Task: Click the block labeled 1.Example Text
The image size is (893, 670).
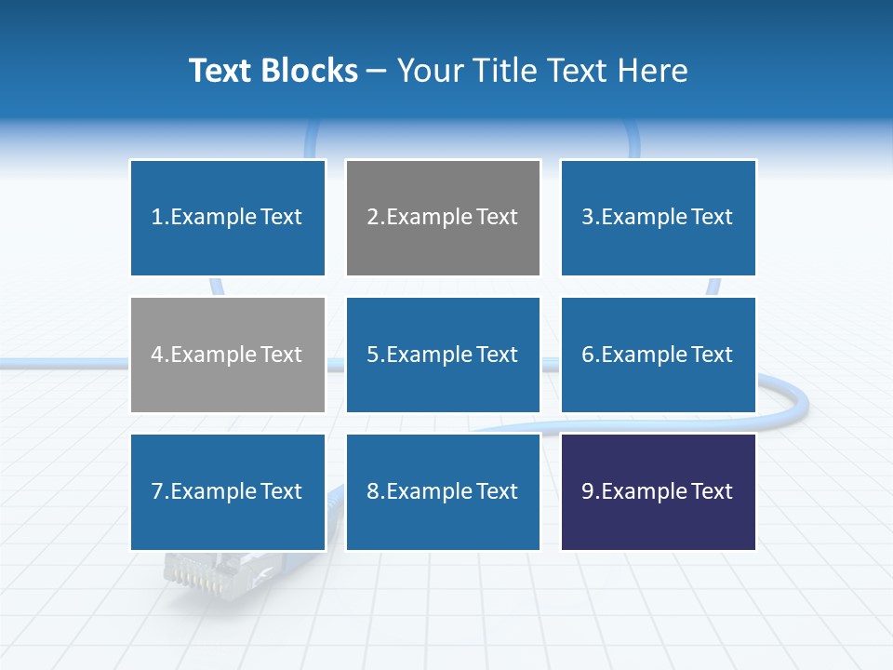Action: click(x=227, y=218)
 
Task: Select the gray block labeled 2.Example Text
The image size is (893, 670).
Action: click(x=443, y=218)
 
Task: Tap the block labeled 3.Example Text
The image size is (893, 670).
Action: click(x=658, y=218)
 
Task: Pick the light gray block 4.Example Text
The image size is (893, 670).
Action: click(x=227, y=355)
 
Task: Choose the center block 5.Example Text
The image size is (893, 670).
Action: click(x=443, y=355)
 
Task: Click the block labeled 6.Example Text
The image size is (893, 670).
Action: click(x=658, y=355)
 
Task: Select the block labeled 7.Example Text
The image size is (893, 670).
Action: click(x=227, y=491)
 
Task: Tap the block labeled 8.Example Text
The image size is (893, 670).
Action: click(x=443, y=491)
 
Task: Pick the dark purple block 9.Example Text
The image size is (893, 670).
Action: click(x=658, y=491)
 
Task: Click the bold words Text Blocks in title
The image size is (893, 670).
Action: click(x=273, y=71)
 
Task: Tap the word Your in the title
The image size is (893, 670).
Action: click(x=427, y=71)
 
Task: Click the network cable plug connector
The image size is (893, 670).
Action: click(x=199, y=571)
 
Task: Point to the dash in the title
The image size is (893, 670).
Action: click(x=378, y=71)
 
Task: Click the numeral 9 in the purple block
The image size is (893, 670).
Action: click(x=588, y=491)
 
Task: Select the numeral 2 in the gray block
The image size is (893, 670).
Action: click(x=373, y=218)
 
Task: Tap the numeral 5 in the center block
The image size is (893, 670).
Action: click(x=373, y=355)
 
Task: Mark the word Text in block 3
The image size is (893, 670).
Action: click(x=712, y=218)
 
